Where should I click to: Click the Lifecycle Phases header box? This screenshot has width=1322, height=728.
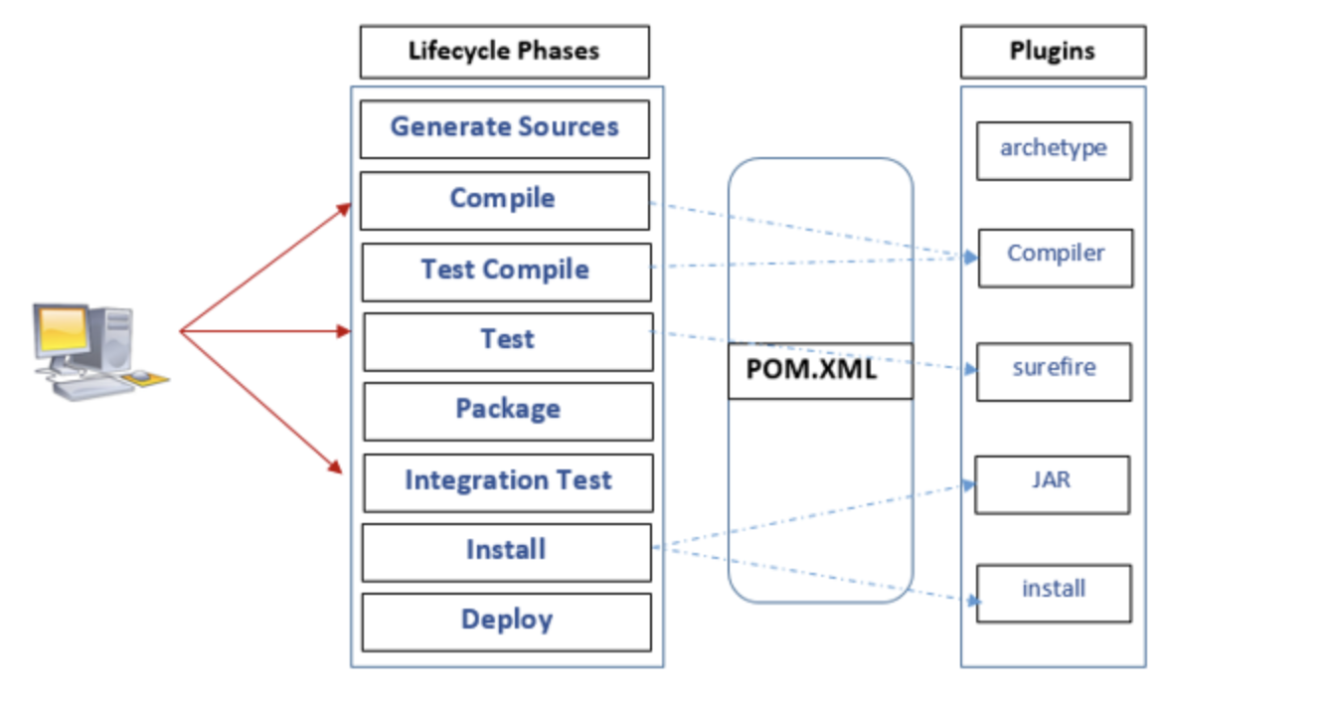point(505,52)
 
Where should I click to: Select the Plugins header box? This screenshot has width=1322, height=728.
point(1054,52)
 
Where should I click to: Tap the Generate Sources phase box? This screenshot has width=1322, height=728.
point(505,129)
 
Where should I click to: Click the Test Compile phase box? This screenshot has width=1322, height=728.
point(506,273)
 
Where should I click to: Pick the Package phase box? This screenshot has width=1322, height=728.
point(508,412)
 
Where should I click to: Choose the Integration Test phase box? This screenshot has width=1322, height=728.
point(508,483)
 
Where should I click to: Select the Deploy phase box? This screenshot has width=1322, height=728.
point(507,623)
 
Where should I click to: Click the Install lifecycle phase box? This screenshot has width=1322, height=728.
point(507,553)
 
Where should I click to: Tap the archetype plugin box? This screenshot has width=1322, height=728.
point(1054,151)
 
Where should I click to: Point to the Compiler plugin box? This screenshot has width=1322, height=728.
point(1056,259)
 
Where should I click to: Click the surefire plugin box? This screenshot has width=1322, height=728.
point(1054,372)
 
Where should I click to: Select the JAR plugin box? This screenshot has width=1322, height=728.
point(1053,484)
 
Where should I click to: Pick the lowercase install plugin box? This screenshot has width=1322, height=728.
point(1054,594)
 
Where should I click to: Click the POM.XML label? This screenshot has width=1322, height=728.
point(811,370)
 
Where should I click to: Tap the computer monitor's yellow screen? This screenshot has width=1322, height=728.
point(62,329)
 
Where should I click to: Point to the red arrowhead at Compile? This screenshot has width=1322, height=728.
point(344,210)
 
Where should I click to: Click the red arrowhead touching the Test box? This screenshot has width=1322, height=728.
point(344,331)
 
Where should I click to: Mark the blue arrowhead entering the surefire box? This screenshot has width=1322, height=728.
point(970,370)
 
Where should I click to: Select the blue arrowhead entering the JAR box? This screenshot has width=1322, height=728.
point(968,484)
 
